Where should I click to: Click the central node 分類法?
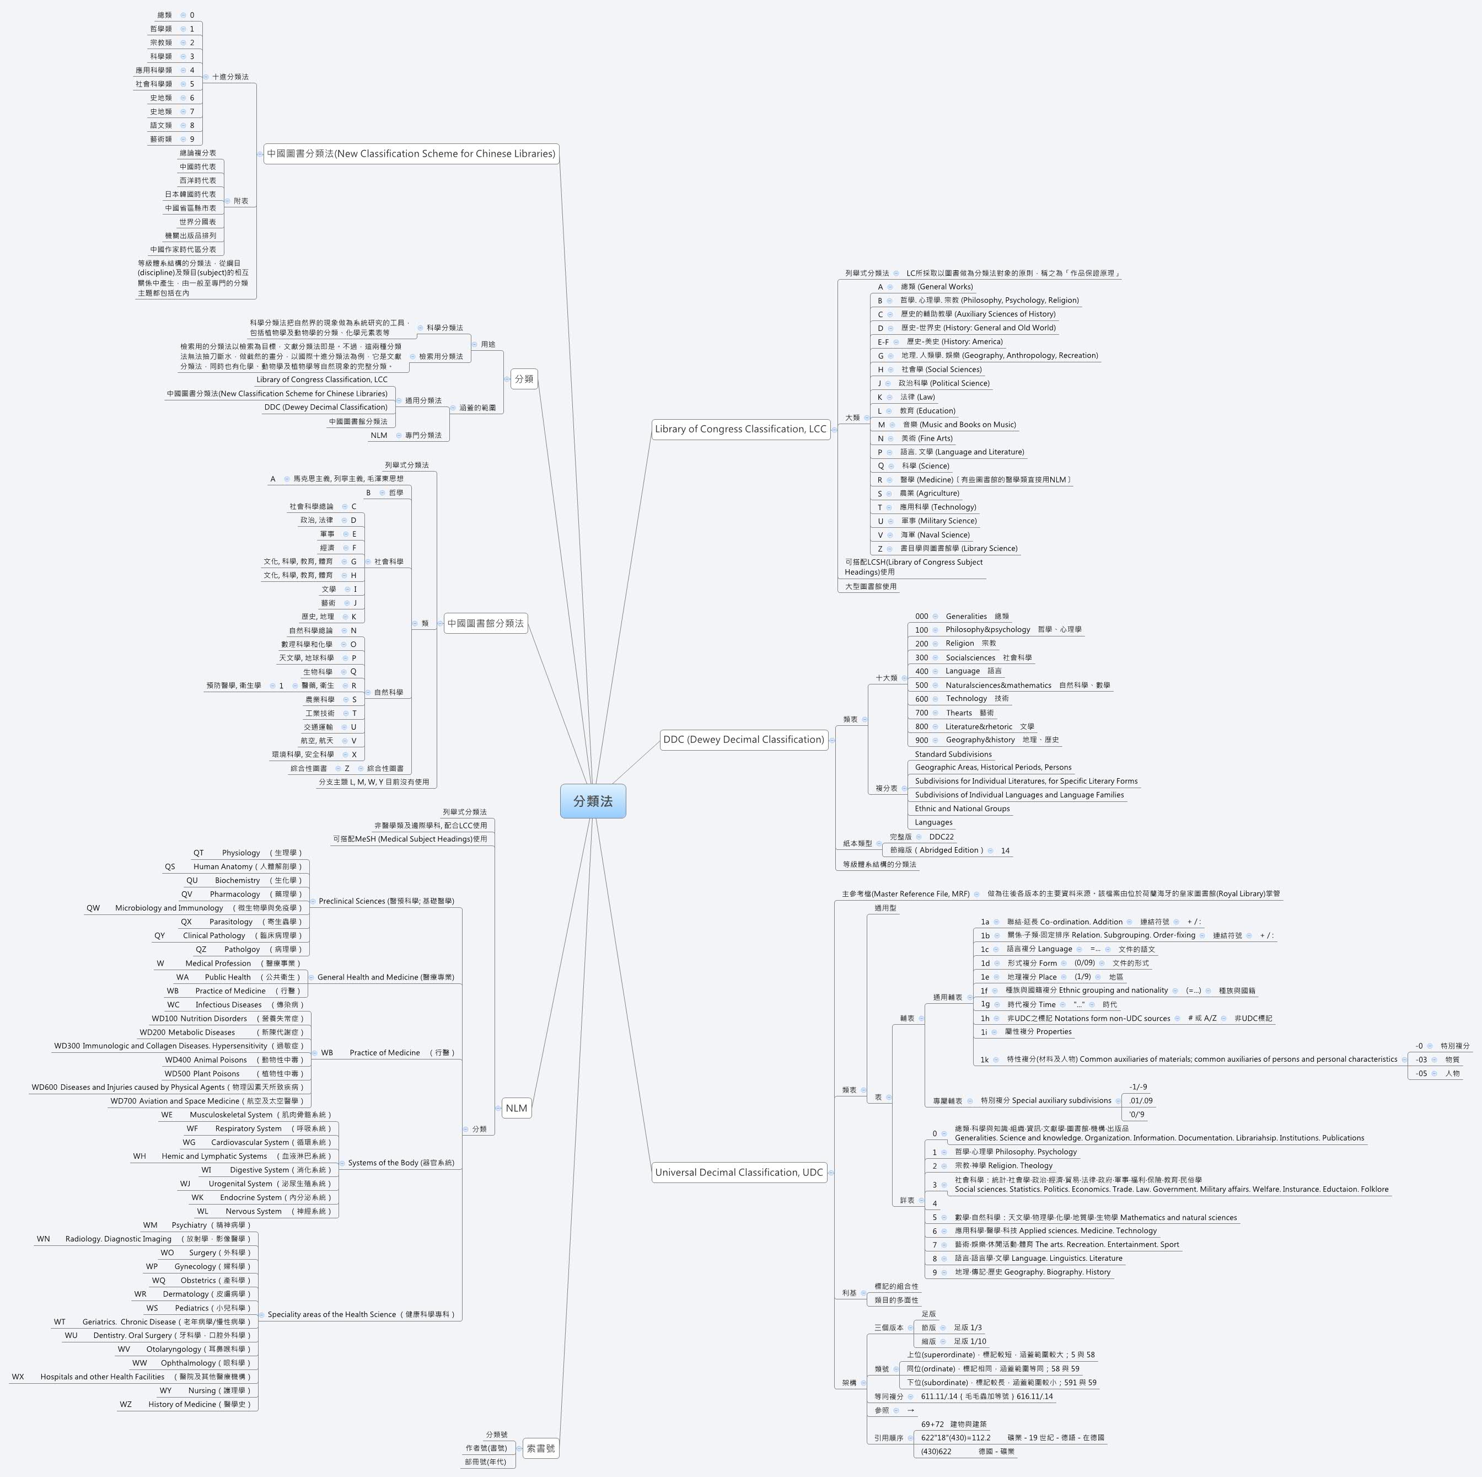tap(593, 801)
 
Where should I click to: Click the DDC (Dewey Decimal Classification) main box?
tap(743, 740)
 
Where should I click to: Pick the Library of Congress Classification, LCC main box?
tap(740, 429)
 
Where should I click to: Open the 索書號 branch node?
tap(541, 1449)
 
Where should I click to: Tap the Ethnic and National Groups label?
tap(962, 809)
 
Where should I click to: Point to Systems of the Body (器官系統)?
tap(400, 1163)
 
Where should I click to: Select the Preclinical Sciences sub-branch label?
tap(386, 901)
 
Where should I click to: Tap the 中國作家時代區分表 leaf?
tap(182, 249)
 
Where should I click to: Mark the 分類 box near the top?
tap(524, 379)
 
